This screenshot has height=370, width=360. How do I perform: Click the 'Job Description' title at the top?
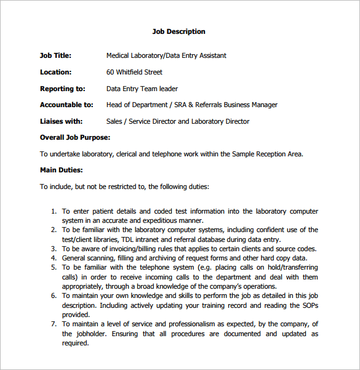pos(178,31)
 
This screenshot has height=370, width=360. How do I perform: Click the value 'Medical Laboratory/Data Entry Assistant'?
pos(166,55)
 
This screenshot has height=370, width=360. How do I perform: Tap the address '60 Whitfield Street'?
pos(134,72)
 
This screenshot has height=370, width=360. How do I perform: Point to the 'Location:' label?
pos(56,72)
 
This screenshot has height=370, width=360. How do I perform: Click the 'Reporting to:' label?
pos(63,89)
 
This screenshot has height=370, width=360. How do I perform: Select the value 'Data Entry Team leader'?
pos(142,89)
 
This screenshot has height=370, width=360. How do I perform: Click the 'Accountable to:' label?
pos(66,105)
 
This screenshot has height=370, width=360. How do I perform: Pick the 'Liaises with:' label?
pos(62,121)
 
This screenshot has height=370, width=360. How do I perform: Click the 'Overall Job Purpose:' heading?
pos(75,137)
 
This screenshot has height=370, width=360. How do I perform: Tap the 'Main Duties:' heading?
pos(62,170)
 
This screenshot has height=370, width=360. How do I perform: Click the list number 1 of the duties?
pos(54,211)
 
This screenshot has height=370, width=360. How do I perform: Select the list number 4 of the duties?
pos(54,259)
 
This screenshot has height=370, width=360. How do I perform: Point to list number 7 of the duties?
pos(54,324)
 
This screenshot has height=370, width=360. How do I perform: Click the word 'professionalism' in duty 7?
pos(172,324)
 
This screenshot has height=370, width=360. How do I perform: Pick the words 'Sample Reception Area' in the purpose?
pos(268,154)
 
